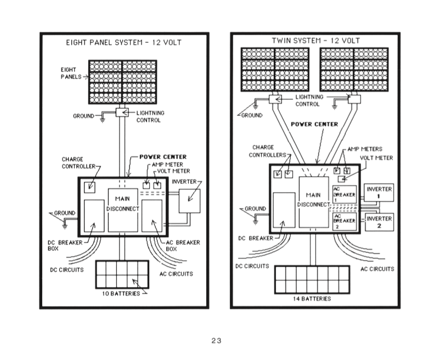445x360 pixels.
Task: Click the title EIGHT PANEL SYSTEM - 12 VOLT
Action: pyautogui.click(x=124, y=43)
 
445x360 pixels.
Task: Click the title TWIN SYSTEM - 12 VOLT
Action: pyautogui.click(x=316, y=41)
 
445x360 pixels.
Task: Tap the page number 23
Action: pyautogui.click(x=216, y=341)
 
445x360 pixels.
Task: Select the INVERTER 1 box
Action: pyautogui.click(x=379, y=193)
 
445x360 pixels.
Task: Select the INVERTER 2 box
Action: pyautogui.click(x=379, y=222)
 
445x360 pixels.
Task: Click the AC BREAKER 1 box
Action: pyautogui.click(x=345, y=194)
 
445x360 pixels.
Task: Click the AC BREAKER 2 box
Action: pyautogui.click(x=345, y=222)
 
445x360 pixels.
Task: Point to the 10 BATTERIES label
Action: pyautogui.click(x=121, y=294)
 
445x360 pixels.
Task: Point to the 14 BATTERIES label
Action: pyautogui.click(x=312, y=299)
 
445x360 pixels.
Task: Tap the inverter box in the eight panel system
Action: pyautogui.click(x=189, y=201)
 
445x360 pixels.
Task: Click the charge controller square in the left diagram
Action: pyautogui.click(x=89, y=188)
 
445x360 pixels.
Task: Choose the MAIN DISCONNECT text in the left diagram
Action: pyautogui.click(x=122, y=204)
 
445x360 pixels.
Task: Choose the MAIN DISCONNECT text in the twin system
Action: pyautogui.click(x=314, y=200)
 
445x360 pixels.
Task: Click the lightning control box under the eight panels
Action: pyautogui.click(x=122, y=113)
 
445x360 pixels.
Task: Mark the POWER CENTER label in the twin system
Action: pyautogui.click(x=314, y=125)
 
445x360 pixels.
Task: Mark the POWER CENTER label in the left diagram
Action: pyautogui.click(x=163, y=157)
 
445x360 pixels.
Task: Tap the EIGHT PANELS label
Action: pyautogui.click(x=71, y=73)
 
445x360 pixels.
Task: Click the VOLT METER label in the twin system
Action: pyautogui.click(x=376, y=158)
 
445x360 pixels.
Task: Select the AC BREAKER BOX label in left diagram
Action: pyautogui.click(x=183, y=246)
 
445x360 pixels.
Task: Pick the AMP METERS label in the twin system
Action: pyautogui.click(x=365, y=149)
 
